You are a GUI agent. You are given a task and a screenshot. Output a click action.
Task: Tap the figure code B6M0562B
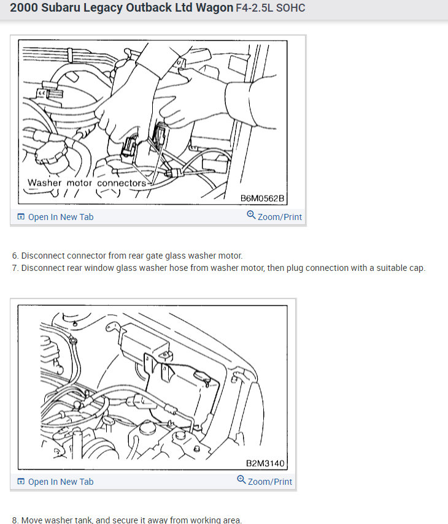point(262,198)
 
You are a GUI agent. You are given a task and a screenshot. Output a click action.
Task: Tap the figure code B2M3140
point(265,463)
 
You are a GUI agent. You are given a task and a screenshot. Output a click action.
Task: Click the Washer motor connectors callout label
point(87,183)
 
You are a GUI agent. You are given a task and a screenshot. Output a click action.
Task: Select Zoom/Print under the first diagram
point(280,217)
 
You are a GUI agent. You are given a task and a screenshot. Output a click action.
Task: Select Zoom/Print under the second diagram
point(269,482)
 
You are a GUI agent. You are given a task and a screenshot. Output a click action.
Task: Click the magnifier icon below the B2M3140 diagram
point(241,479)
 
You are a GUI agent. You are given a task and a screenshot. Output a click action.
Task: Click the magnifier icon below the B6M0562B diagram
point(251,215)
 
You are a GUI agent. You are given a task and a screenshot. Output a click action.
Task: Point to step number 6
point(15,256)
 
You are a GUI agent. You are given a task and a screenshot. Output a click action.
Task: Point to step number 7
point(15,268)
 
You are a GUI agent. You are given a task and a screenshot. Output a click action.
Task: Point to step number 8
point(15,520)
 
